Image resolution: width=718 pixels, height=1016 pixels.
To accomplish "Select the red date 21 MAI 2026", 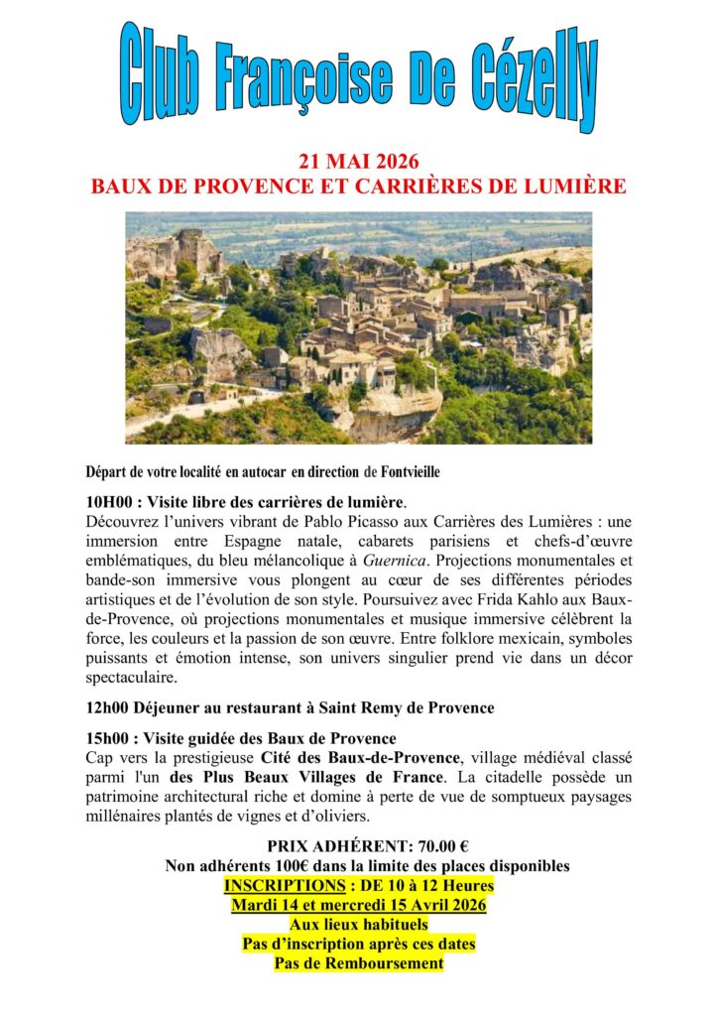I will click(358, 163).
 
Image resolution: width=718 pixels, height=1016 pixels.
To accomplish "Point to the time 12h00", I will click(110, 707).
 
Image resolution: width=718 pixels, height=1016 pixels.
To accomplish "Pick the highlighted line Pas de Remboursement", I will click(358, 963).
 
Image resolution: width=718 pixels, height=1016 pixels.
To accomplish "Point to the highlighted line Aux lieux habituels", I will click(358, 925).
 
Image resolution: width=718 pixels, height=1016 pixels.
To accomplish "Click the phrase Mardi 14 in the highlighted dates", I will click(268, 905).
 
